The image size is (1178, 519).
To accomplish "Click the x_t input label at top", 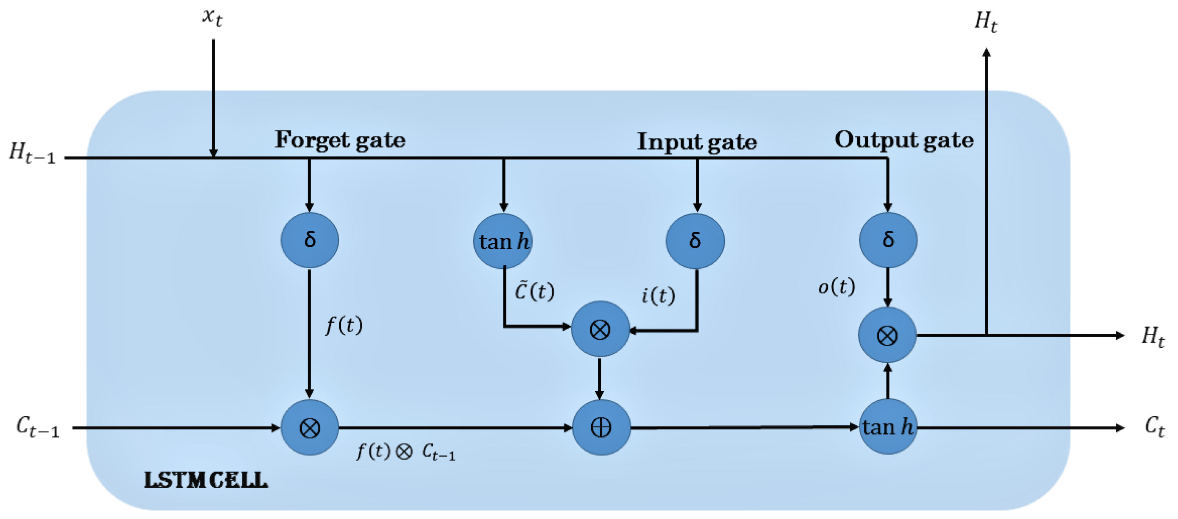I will tap(212, 18).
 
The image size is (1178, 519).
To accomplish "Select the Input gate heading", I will tap(697, 142).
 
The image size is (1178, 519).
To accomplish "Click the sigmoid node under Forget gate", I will tap(310, 240).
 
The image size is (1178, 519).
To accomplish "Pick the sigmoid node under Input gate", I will tap(695, 241).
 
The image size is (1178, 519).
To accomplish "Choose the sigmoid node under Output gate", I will tap(888, 240).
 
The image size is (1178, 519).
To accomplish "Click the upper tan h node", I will tap(503, 241).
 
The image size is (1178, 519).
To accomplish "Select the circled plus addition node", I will tap(601, 428).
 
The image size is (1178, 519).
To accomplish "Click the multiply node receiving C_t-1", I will tap(310, 428).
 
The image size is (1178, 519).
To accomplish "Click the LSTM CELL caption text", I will tap(206, 480).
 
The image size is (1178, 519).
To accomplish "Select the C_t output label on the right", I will tap(1155, 427).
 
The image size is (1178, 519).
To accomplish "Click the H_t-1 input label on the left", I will tap(32, 153).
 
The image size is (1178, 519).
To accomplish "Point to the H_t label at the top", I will tap(986, 21).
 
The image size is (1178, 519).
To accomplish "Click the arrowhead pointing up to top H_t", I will tap(986, 53).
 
